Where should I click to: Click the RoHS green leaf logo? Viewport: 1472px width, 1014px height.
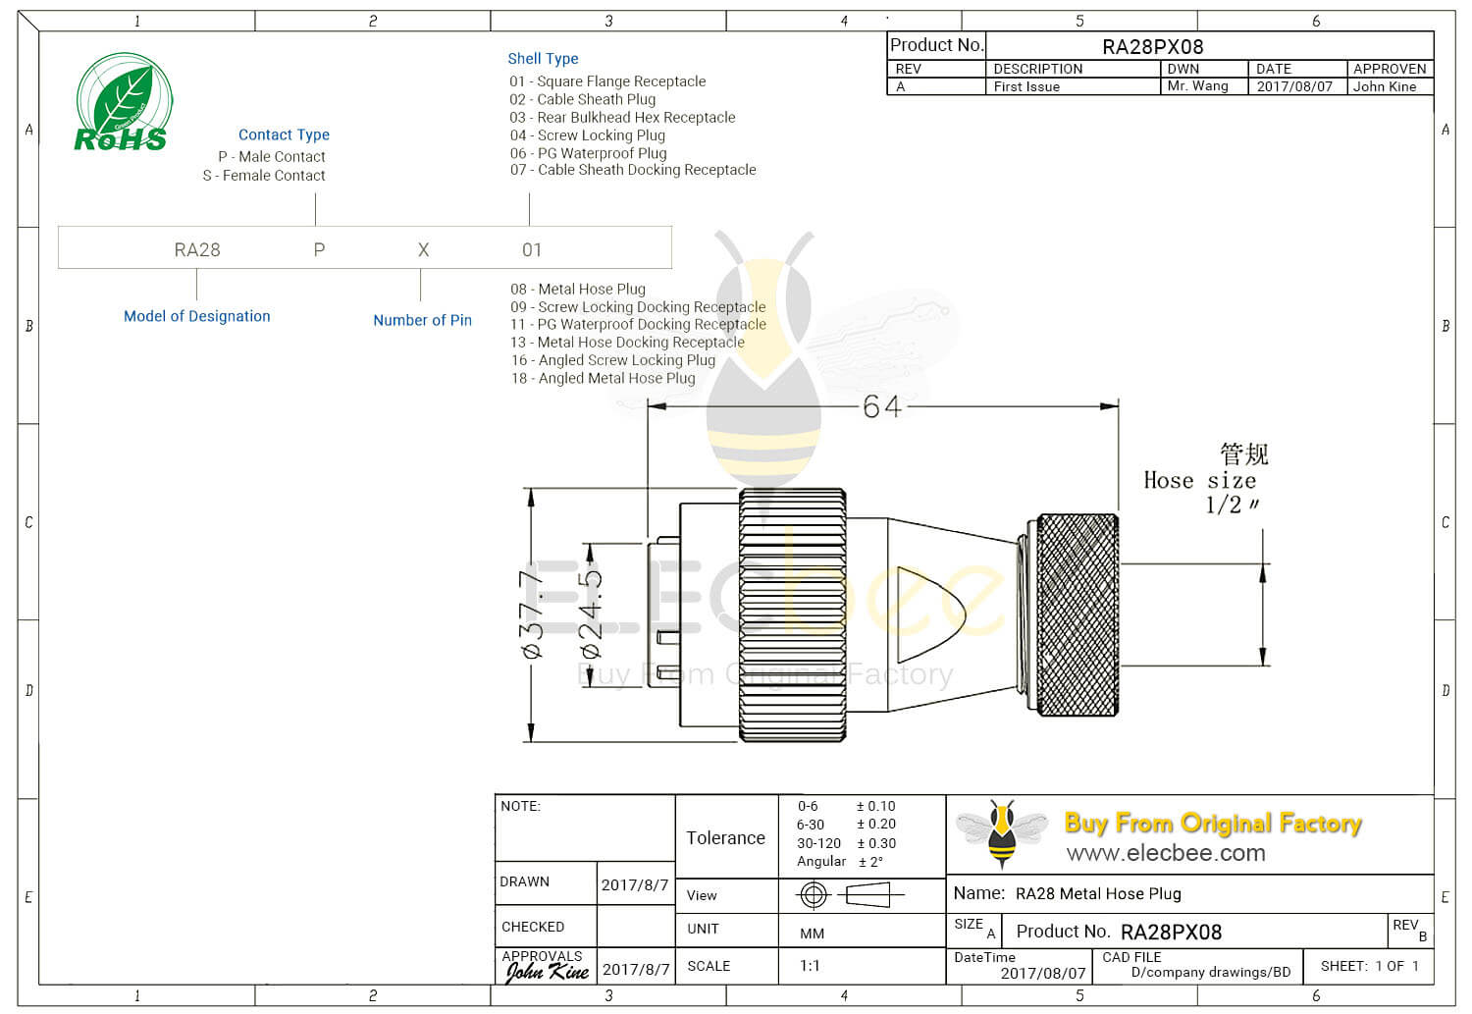124,102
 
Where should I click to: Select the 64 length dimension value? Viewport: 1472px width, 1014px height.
880,406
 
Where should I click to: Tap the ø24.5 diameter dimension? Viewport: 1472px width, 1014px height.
592,614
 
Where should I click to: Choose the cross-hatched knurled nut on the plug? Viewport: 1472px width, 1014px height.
1078,614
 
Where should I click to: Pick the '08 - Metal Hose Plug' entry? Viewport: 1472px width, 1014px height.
578,289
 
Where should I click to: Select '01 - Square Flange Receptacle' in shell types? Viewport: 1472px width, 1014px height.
607,81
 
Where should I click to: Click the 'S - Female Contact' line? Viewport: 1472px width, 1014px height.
264,176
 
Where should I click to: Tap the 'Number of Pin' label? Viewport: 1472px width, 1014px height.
422,320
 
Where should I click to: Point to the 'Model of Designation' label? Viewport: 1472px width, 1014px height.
196,316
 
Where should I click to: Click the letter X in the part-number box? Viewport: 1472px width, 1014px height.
423,250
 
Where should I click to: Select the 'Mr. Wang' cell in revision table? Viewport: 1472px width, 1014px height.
1197,86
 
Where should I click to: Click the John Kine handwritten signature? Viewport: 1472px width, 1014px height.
547,972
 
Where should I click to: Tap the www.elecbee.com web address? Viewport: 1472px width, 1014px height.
1166,853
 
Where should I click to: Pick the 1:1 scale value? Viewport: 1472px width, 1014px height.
810,966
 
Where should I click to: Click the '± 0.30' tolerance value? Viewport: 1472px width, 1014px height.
875,843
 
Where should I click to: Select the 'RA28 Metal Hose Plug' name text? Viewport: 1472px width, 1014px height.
1098,894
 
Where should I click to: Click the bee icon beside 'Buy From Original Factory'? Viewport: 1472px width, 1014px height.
1002,833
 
